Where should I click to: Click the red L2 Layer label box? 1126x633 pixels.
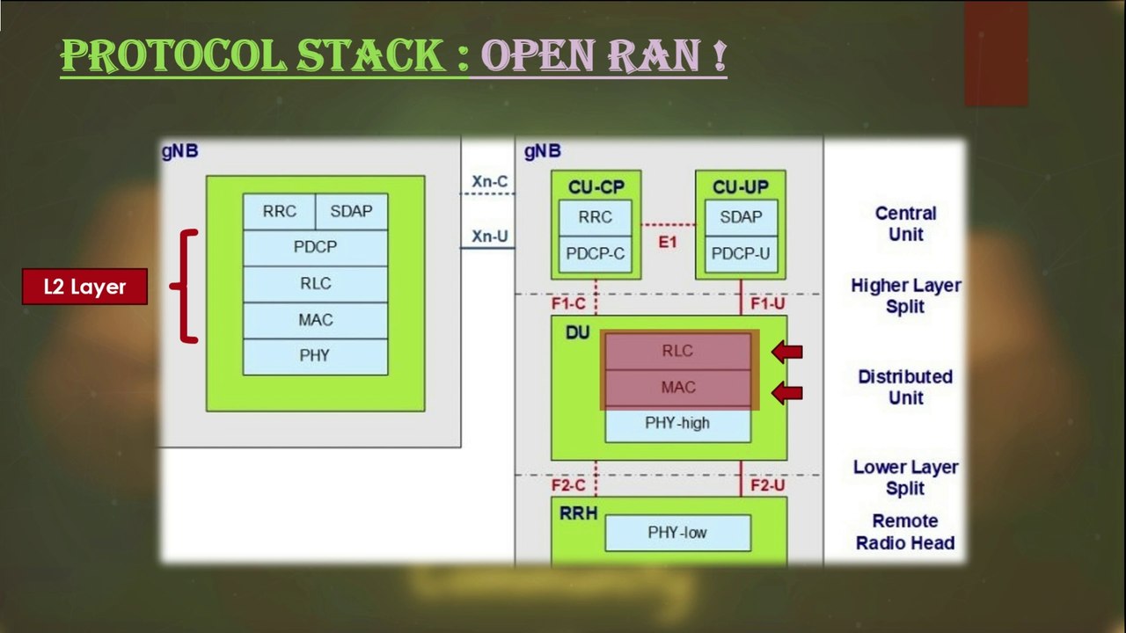[84, 287]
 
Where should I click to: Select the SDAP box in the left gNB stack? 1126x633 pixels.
[351, 212]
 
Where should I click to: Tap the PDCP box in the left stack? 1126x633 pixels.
[315, 248]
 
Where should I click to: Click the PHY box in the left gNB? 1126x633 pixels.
[315, 356]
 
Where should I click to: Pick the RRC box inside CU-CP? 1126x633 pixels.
[596, 217]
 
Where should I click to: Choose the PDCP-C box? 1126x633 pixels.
[596, 254]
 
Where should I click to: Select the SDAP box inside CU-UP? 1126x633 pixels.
[740, 217]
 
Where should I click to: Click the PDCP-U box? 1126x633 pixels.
[740, 254]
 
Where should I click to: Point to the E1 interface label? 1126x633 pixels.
[668, 241]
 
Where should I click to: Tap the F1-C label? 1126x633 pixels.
[567, 303]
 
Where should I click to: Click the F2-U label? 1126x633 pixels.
[767, 485]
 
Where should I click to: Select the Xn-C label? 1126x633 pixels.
[489, 182]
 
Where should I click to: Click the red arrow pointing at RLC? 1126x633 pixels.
[787, 353]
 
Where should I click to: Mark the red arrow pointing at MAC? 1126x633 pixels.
[787, 392]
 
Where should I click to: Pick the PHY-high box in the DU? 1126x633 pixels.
[677, 424]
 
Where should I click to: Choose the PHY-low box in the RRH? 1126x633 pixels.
[677, 533]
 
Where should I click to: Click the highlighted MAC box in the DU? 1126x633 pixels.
[677, 388]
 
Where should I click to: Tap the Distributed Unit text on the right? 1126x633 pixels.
[905, 387]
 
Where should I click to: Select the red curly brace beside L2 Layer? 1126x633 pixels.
[186, 287]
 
